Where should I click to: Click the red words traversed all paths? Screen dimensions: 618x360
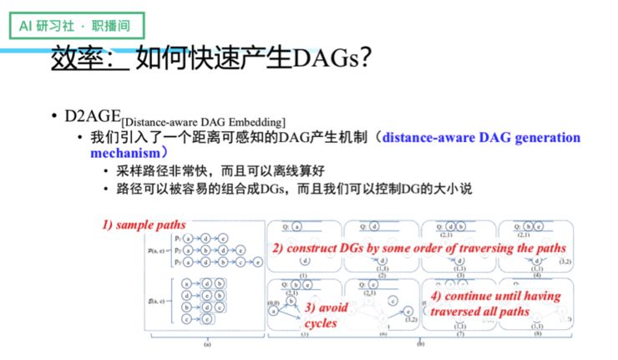click(x=480, y=312)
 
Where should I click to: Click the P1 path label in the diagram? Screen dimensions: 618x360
click(x=177, y=237)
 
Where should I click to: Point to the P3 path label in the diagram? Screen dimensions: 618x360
click(x=177, y=261)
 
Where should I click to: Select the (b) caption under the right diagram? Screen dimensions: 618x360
click(x=420, y=343)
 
